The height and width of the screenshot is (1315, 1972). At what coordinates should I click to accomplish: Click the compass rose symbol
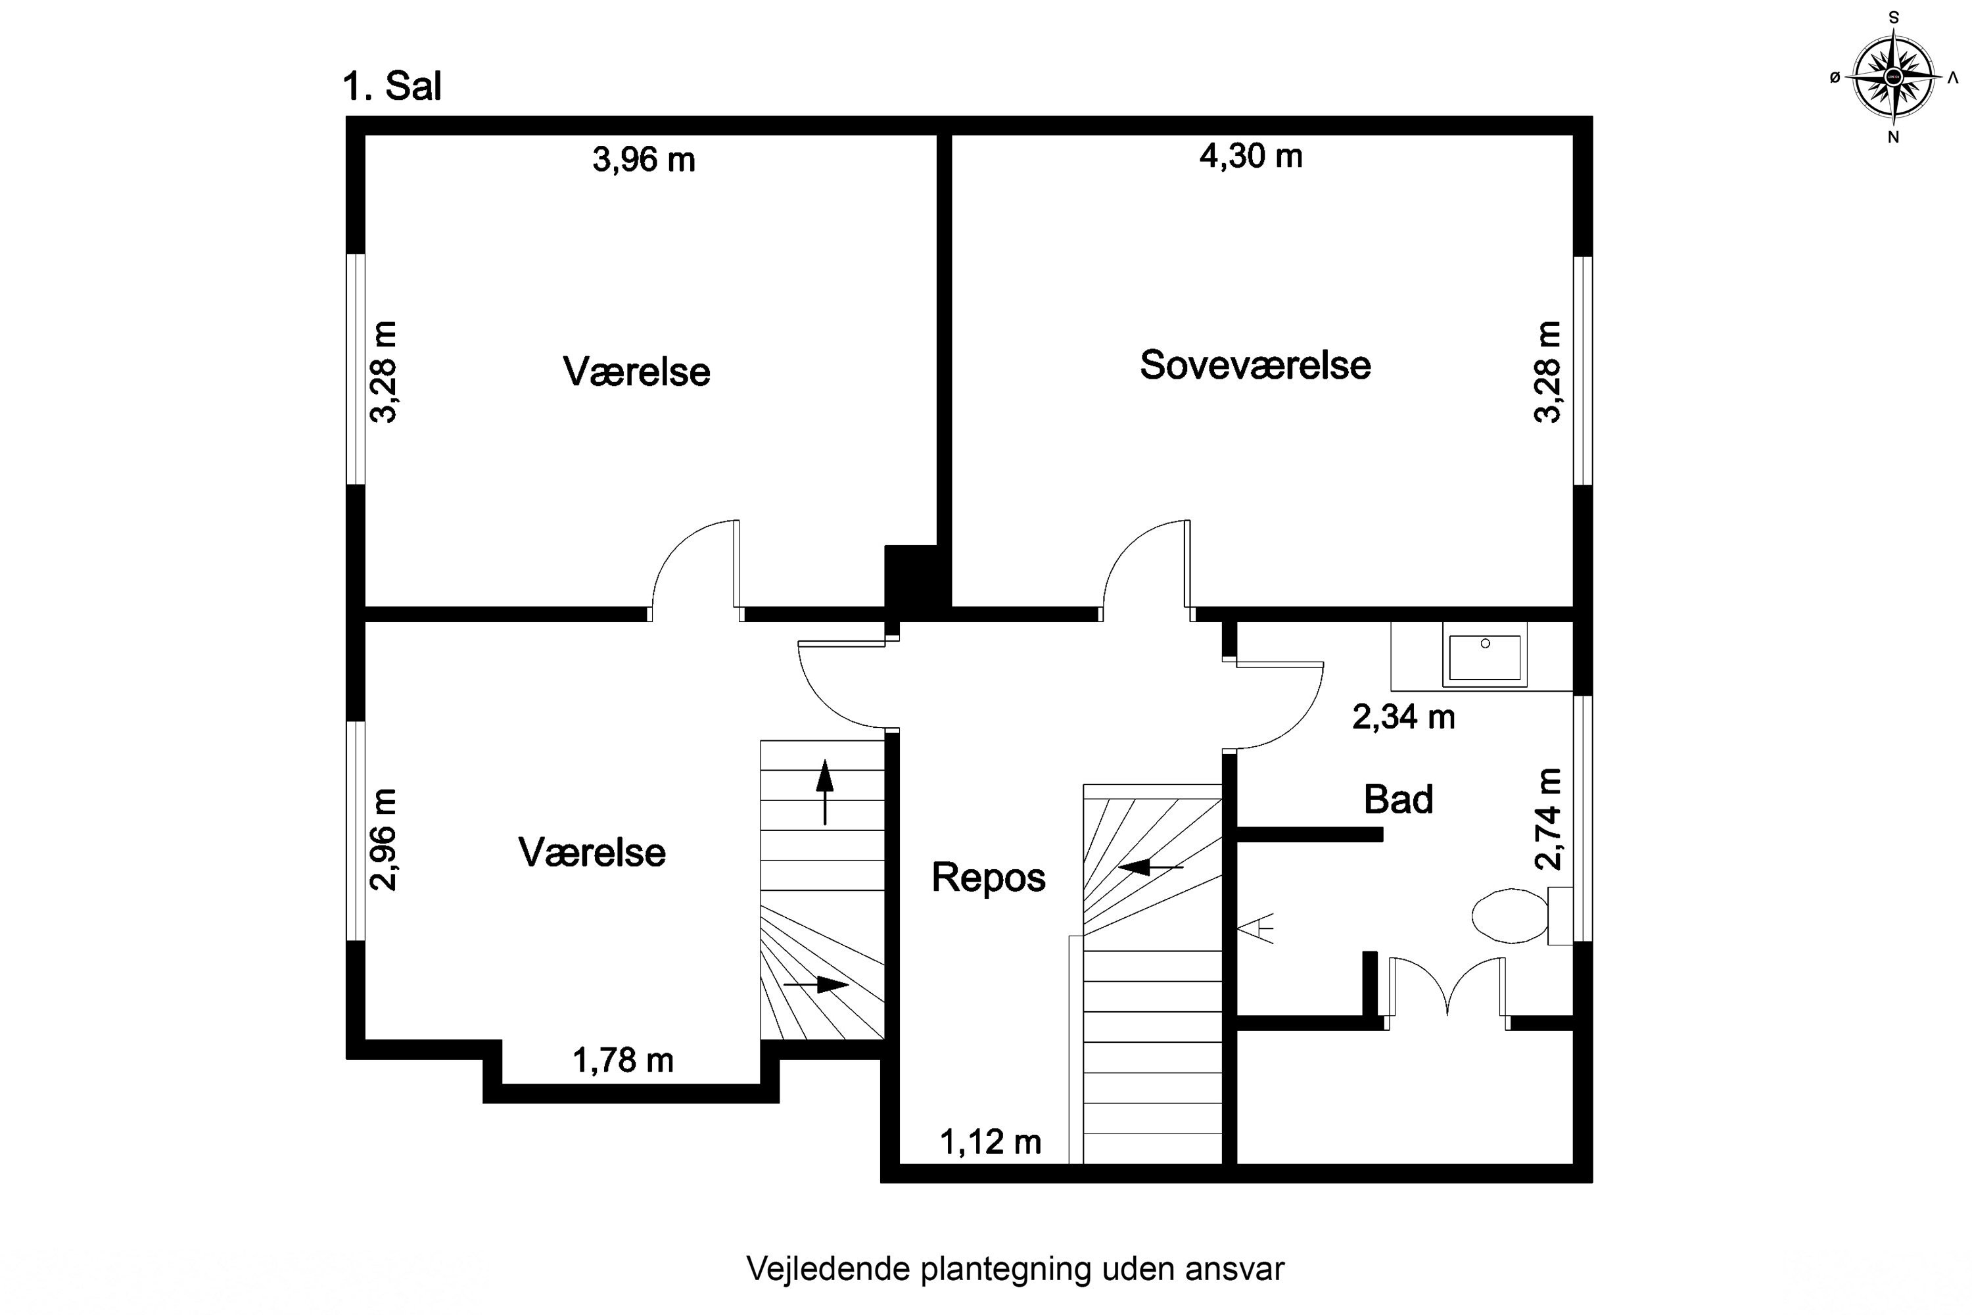pos(1892,77)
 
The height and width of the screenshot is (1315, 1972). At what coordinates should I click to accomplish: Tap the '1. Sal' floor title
pos(392,86)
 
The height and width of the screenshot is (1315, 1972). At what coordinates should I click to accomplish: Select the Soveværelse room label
pos(1254,366)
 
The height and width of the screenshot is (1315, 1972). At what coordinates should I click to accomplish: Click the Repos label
pos(989,878)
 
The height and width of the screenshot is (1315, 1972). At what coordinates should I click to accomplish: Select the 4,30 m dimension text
pos(1250,156)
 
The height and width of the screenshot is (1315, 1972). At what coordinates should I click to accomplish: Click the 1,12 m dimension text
pos(989,1142)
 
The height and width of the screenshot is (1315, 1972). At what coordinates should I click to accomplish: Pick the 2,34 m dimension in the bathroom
pos(1403,718)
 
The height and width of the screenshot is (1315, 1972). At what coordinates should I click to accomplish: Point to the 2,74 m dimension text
pos(1548,819)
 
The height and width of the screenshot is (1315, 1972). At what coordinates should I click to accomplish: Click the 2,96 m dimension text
pos(383,840)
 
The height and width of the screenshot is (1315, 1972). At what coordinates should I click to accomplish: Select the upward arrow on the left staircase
pos(825,792)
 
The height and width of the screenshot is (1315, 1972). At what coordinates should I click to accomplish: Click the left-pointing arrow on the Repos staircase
pos(1150,867)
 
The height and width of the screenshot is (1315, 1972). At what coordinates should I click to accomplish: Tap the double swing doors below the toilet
pos(1447,990)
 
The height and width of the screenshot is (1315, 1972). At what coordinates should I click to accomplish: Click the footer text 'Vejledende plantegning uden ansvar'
pos(1014,1269)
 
